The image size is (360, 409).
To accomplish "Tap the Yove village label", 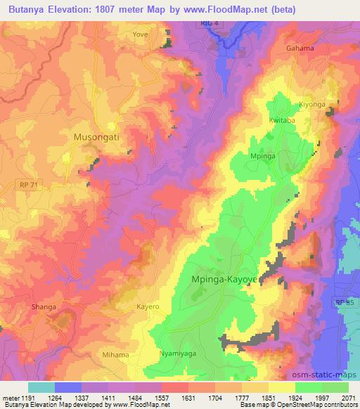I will (x=141, y=33).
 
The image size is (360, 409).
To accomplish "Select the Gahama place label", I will (x=300, y=48).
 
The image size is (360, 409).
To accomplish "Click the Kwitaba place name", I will (x=281, y=119).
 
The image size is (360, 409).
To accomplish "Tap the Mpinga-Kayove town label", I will (x=224, y=279).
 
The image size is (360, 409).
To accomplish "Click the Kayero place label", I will (x=148, y=307).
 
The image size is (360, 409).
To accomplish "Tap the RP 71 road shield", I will (x=27, y=183).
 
